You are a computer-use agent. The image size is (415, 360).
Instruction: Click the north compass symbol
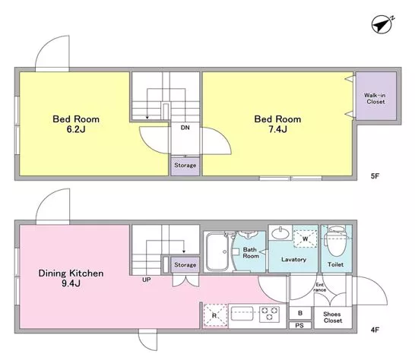(x=382, y=25)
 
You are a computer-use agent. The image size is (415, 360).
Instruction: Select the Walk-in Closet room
(x=376, y=96)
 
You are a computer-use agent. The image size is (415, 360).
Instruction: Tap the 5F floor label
(x=375, y=176)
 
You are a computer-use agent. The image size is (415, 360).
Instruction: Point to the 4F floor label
(x=375, y=330)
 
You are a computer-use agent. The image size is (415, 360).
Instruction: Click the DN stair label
(x=185, y=128)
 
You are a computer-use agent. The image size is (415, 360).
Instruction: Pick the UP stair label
(x=147, y=279)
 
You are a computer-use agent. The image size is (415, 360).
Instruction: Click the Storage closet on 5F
(x=185, y=166)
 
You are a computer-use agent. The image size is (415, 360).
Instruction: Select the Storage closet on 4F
(x=185, y=264)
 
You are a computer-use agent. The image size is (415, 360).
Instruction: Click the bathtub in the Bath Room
(x=219, y=251)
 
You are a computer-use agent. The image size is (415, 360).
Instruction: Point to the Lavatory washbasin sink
(x=280, y=233)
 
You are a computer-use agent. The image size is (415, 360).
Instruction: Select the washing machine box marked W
(x=305, y=238)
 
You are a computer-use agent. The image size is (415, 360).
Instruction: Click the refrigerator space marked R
(x=215, y=315)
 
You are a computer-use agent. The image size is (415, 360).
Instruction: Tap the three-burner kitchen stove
(x=269, y=314)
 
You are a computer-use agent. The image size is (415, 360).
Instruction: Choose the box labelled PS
(x=299, y=325)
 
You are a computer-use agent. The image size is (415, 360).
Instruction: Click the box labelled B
(x=300, y=313)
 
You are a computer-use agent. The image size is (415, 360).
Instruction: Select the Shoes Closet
(x=333, y=317)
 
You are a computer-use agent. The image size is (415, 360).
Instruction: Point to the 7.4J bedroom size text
(x=277, y=129)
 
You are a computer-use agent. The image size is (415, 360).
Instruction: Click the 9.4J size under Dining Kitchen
(x=71, y=283)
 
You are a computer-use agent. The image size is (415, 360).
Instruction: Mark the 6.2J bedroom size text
(x=76, y=129)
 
